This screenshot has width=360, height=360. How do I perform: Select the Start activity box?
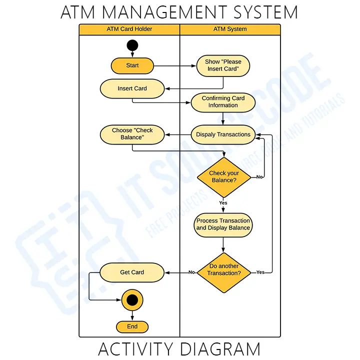132,65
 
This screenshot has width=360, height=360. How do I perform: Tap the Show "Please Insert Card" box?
223,65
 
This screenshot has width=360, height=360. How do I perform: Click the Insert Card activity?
132,88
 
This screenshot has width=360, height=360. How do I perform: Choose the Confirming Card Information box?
223,102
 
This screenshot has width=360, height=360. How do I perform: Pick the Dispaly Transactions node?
223,134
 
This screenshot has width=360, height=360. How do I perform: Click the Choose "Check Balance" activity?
132,134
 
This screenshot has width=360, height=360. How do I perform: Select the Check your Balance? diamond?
223,177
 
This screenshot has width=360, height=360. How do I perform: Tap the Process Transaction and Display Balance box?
223,224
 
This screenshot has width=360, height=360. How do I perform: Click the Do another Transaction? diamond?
223,272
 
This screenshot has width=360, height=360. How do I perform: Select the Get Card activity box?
132,272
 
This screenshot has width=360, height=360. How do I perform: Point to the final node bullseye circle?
132,300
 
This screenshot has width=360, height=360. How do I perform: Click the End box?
132,326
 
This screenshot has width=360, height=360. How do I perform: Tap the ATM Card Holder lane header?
129,29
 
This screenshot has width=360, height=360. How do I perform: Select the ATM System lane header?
230,29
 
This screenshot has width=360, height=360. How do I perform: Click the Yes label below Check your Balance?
223,203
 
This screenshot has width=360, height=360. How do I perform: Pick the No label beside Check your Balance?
259,177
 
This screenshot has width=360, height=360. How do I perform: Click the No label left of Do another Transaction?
191,272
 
